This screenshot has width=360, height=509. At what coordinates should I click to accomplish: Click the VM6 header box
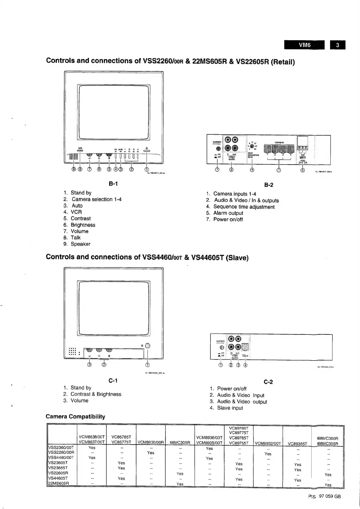pos(304,45)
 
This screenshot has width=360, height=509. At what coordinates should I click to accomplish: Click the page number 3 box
pos(338,45)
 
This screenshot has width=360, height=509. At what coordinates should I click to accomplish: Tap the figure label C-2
pos(268,382)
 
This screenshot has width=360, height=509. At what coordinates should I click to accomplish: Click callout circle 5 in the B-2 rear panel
pos(303,169)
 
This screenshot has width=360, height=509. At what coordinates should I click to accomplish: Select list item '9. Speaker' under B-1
pos(77,244)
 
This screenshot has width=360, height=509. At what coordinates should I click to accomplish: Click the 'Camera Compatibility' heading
pos(76,417)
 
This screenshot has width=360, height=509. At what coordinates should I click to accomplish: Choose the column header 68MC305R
pos(180,443)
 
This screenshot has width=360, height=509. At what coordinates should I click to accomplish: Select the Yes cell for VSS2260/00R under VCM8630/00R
pos(151,453)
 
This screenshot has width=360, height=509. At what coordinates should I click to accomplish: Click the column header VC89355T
pos(297,444)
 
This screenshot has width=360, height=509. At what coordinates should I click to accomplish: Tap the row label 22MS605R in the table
pos(59,483)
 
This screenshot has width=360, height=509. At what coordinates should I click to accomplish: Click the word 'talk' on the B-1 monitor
pos(80,148)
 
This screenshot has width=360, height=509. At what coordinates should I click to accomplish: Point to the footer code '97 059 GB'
pos(330,496)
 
